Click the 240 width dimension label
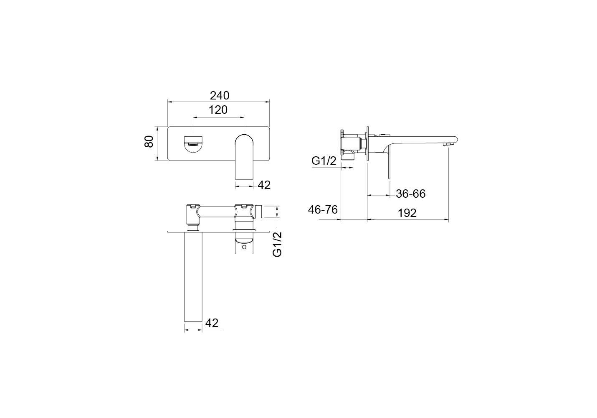coord(220,96)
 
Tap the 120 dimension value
coord(218,110)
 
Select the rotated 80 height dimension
coord(149,141)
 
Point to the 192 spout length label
coord(407,213)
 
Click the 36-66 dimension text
coord(411,194)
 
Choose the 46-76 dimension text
coord(323,210)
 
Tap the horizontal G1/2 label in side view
coord(324,161)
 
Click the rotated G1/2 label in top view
coord(277,245)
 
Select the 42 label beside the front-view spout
coord(264,185)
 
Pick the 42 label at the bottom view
coord(212,323)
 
